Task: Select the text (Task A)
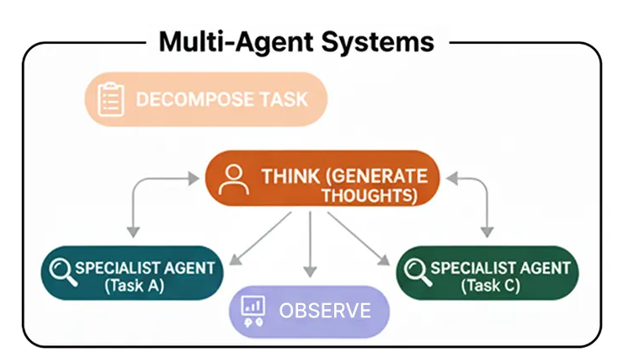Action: pyautogui.click(x=134, y=286)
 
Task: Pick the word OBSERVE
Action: pyautogui.click(x=325, y=311)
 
